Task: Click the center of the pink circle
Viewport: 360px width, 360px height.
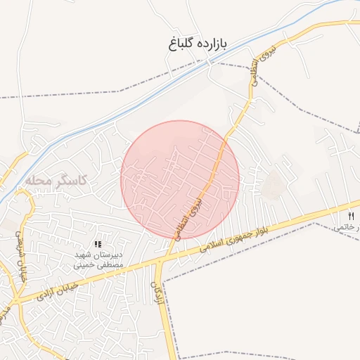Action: tap(180, 180)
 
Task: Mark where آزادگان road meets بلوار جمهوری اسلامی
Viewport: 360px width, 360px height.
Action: tap(162, 262)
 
